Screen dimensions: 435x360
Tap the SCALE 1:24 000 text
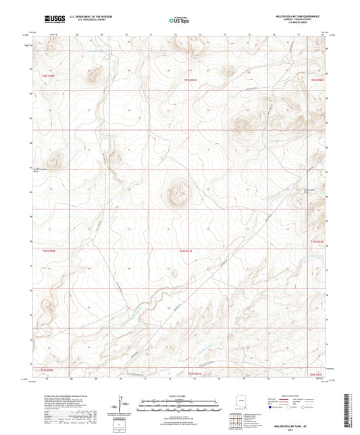pyautogui.click(x=180, y=395)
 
